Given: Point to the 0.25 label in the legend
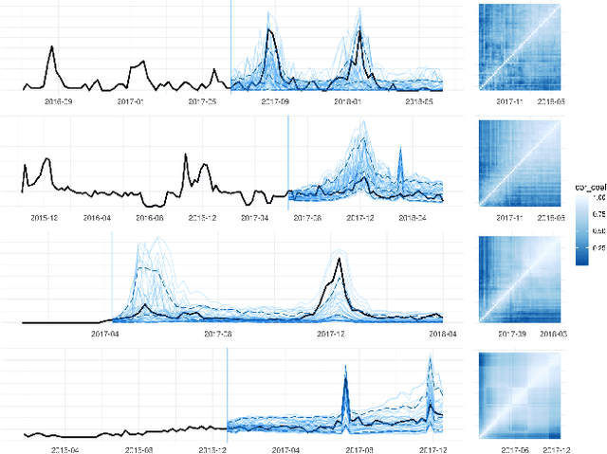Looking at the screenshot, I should pyautogui.click(x=597, y=247).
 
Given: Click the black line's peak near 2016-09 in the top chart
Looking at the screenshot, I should pyautogui.click(x=50, y=47).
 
